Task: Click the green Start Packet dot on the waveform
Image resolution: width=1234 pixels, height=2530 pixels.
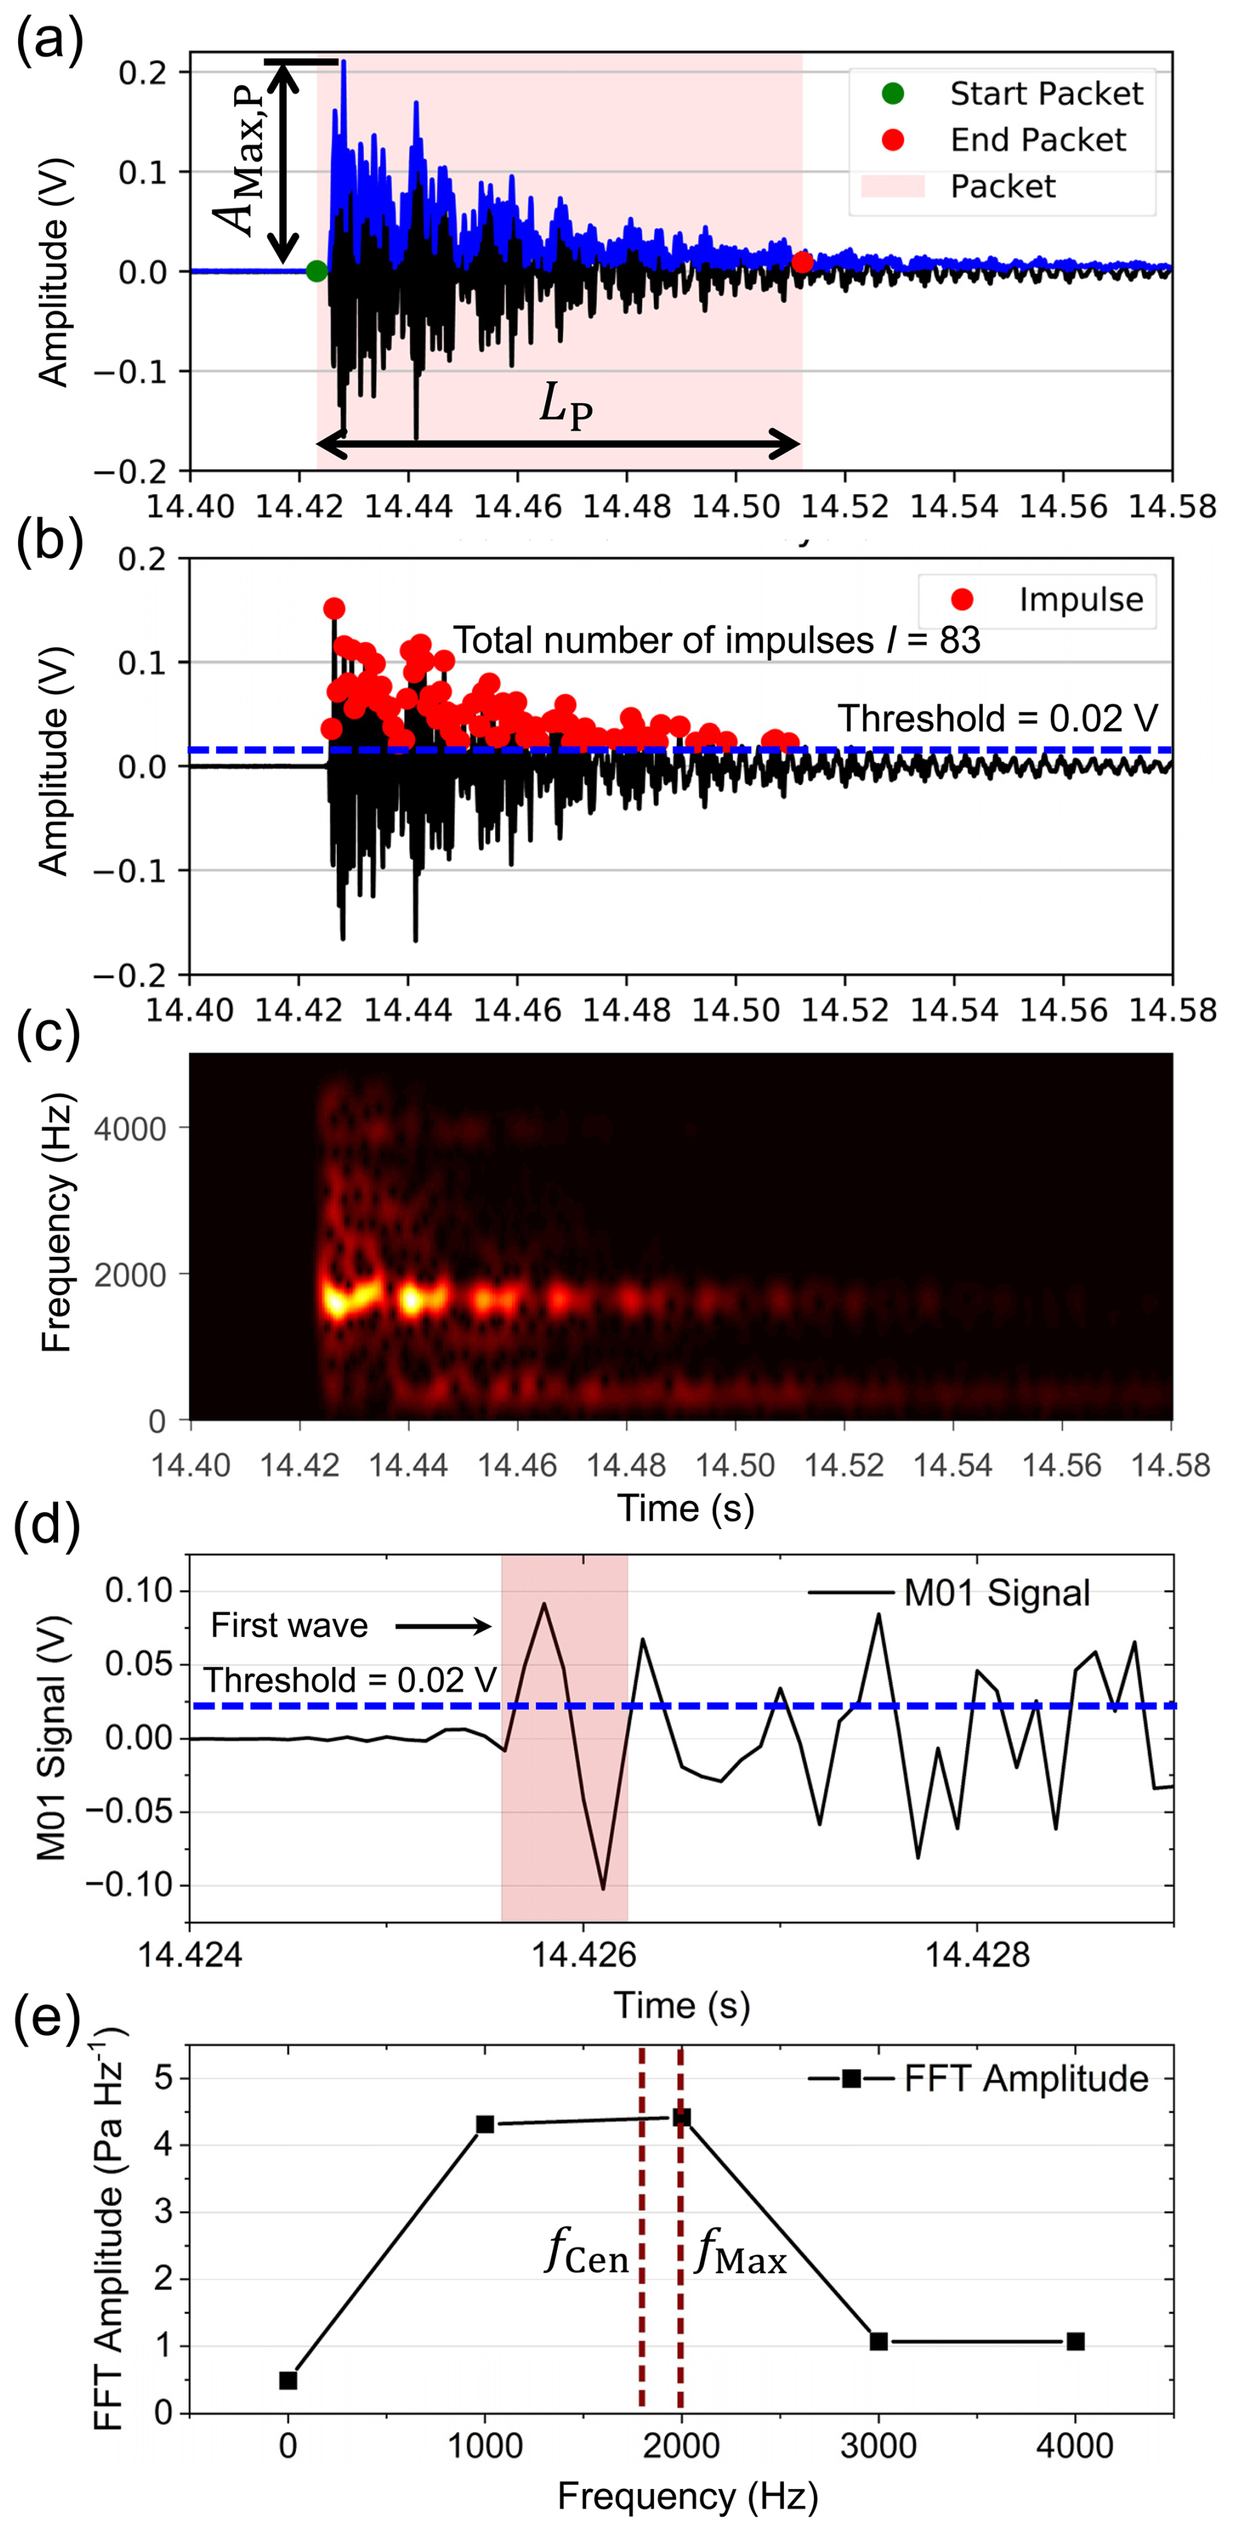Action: pyautogui.click(x=316, y=271)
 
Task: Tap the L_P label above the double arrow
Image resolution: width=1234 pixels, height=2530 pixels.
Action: pyautogui.click(x=566, y=404)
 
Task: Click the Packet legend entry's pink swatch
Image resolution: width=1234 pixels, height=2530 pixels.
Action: pyautogui.click(x=892, y=186)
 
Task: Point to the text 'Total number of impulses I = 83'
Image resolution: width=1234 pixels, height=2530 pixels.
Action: pyautogui.click(x=716, y=640)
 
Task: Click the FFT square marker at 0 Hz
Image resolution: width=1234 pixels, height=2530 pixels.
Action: pyautogui.click(x=288, y=2381)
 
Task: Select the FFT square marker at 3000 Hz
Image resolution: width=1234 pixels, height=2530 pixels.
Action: pyautogui.click(x=879, y=2342)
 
